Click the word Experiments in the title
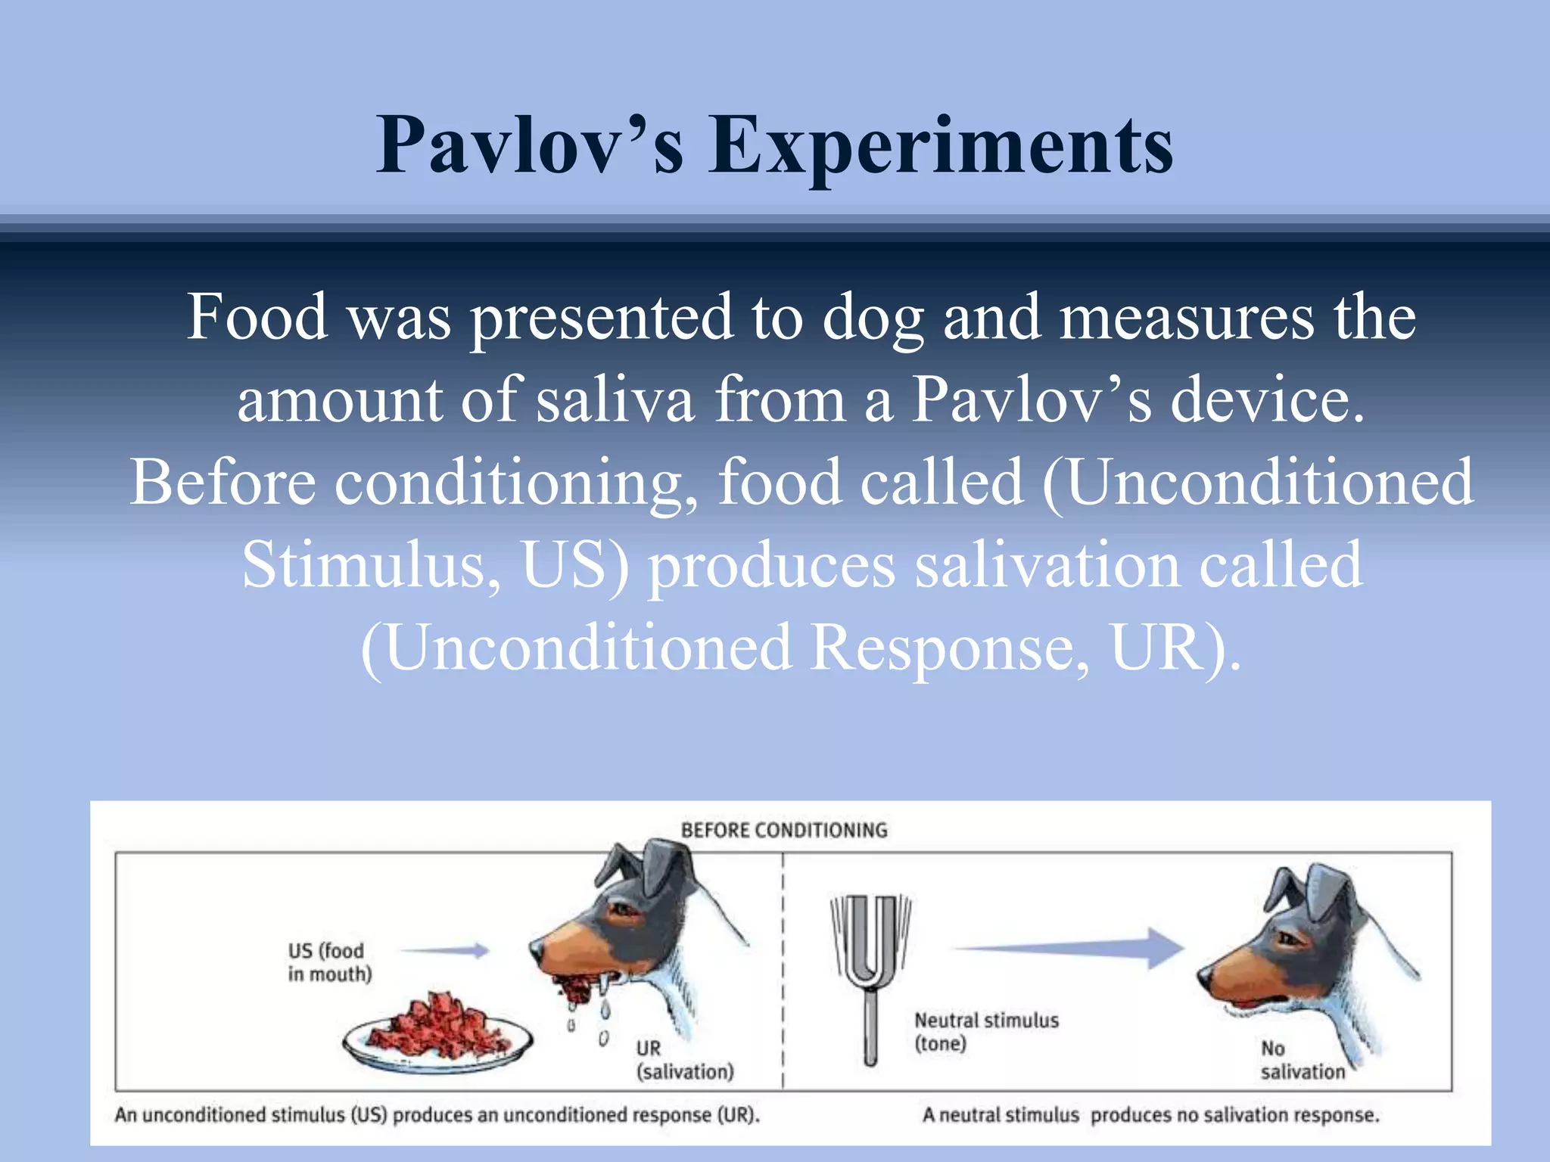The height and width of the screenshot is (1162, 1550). (x=940, y=145)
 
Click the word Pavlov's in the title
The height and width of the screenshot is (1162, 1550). (x=530, y=145)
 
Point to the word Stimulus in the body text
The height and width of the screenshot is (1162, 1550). (x=363, y=565)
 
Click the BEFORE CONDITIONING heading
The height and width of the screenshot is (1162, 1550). (x=784, y=830)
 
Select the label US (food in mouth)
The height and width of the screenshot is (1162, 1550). (x=328, y=962)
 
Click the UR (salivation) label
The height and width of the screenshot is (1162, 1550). (x=684, y=1059)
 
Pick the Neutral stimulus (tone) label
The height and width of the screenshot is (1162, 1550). (x=985, y=1031)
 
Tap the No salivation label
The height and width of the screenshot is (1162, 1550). (x=1302, y=1059)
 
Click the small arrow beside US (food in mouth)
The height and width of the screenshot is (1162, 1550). (x=447, y=950)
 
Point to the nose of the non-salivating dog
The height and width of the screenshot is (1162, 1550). (x=1203, y=977)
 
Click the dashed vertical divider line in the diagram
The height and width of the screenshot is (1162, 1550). (x=783, y=976)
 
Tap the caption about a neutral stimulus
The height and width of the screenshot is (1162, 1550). (x=1150, y=1114)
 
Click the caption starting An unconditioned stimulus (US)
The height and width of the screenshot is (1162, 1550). (x=437, y=1114)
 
